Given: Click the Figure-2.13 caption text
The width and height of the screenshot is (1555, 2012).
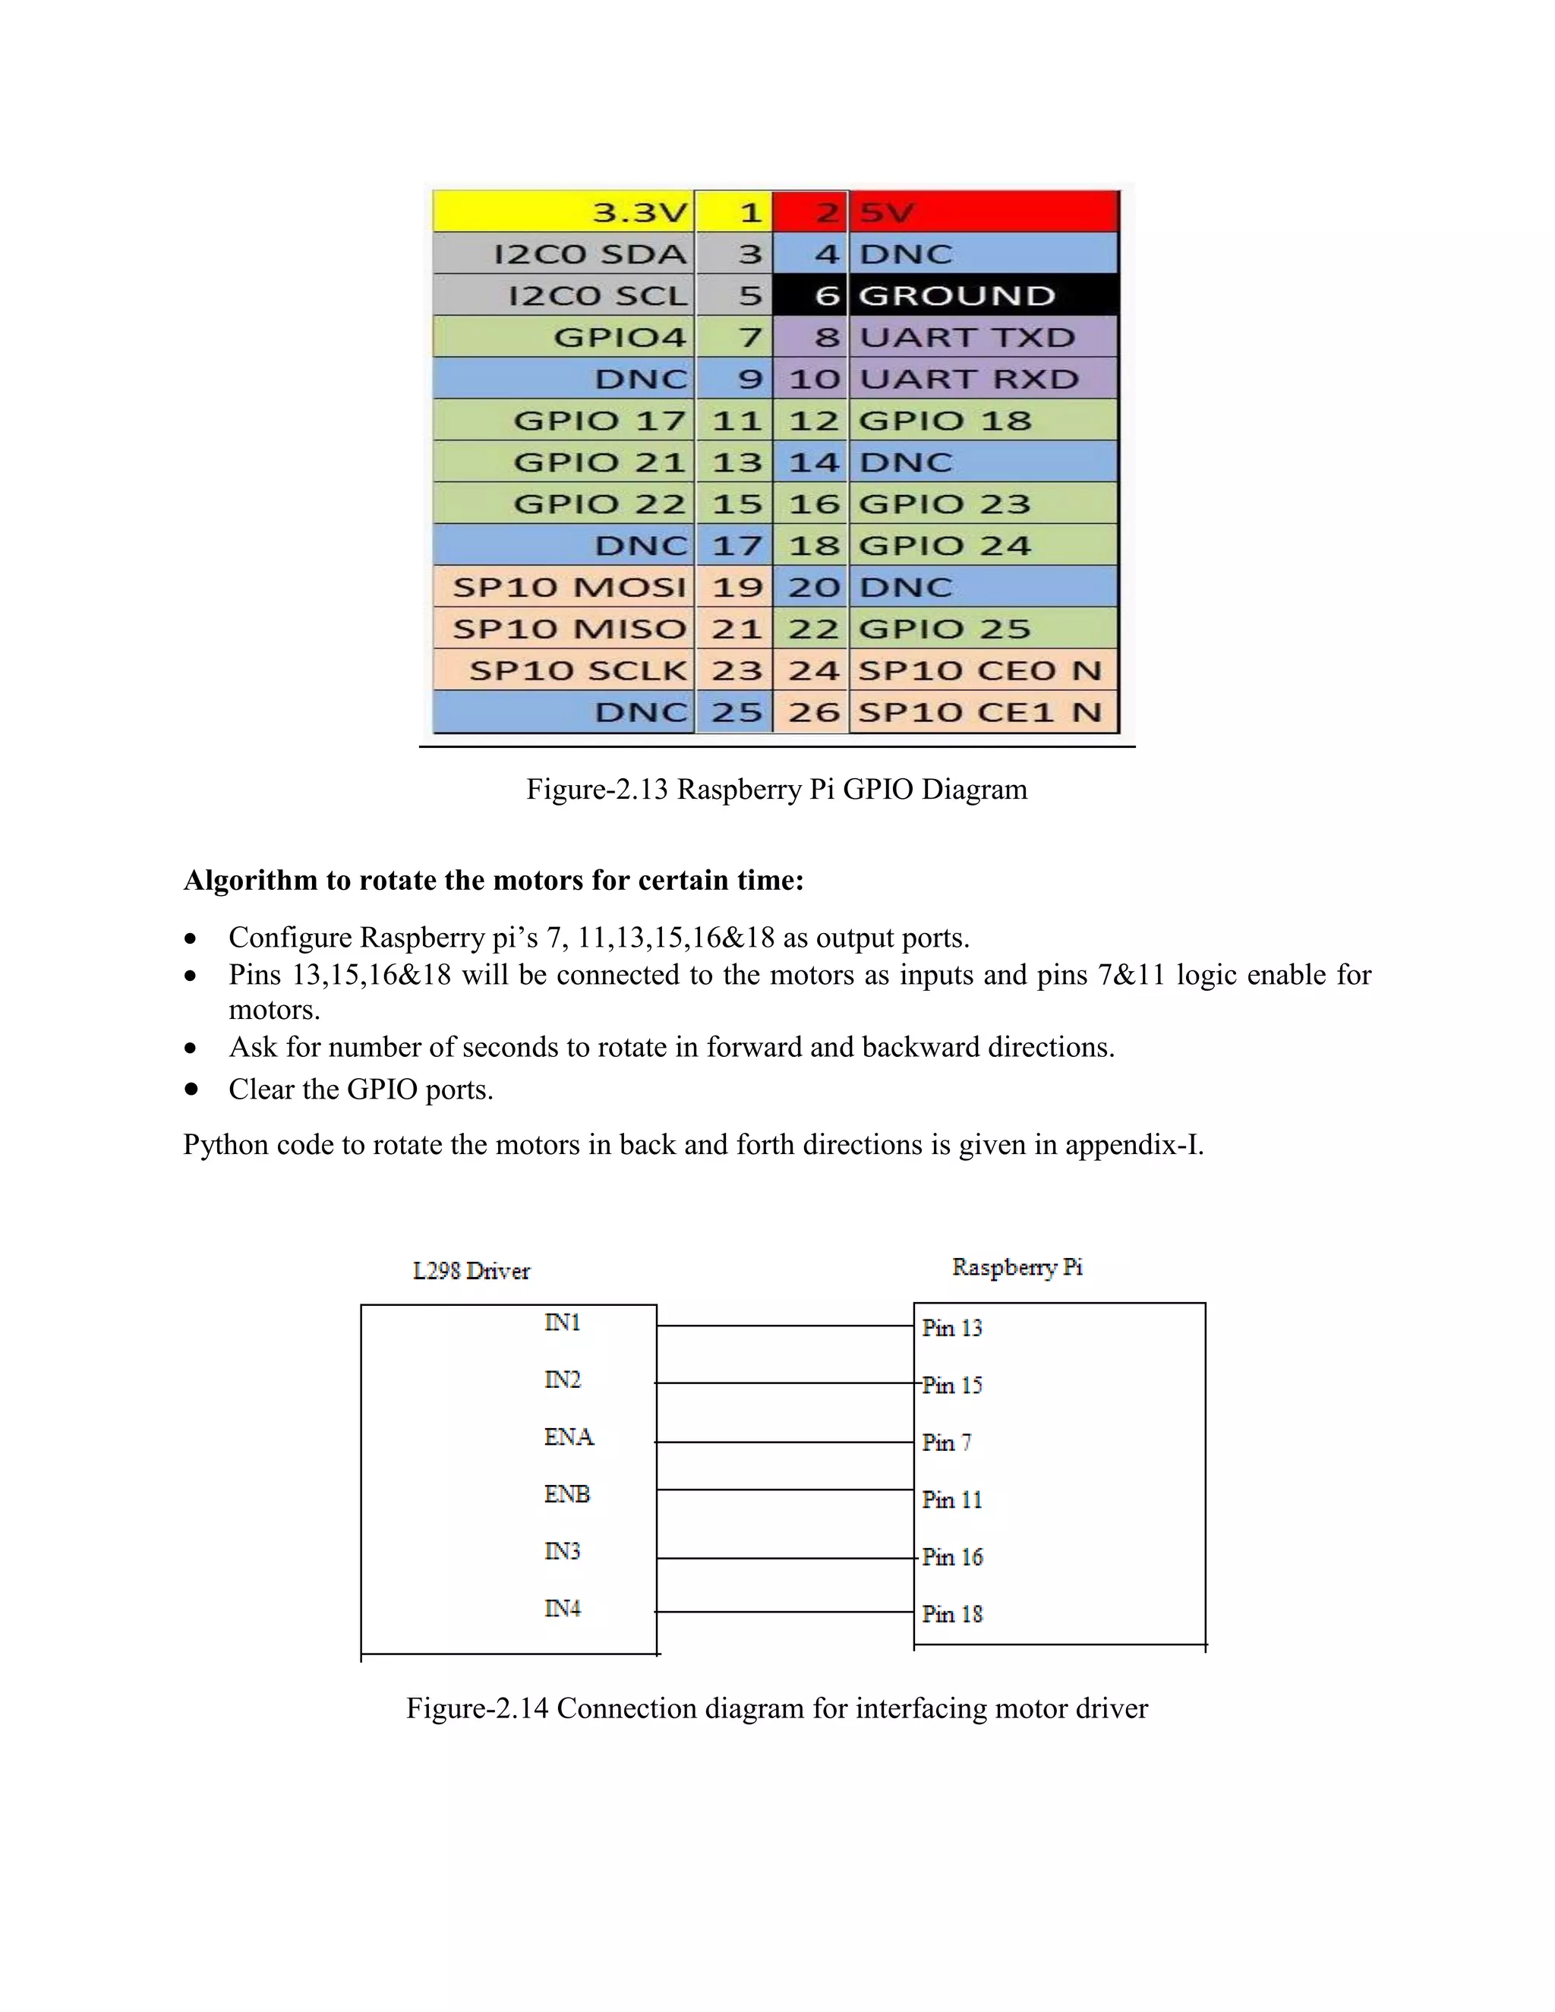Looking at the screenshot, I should (777, 790).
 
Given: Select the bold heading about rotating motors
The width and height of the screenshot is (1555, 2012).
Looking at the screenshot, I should (494, 881).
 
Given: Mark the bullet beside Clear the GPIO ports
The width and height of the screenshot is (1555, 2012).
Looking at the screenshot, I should (191, 1089).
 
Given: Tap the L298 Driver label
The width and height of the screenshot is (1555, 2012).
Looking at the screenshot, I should (471, 1271).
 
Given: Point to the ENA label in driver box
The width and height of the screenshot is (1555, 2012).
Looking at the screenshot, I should (569, 1437).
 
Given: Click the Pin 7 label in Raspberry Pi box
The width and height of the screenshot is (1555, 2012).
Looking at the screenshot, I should (946, 1443).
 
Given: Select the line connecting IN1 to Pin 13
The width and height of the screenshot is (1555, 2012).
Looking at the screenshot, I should (785, 1326).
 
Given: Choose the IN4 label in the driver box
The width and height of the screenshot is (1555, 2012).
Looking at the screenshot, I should (562, 1609).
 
